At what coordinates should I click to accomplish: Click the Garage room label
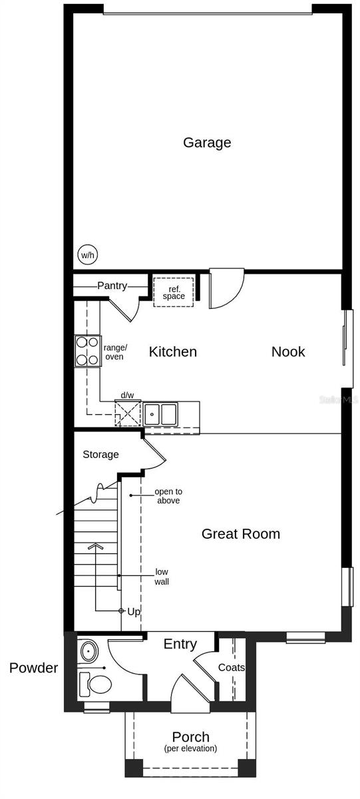point(207,142)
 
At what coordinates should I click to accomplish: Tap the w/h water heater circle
point(87,254)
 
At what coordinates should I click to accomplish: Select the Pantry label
point(112,286)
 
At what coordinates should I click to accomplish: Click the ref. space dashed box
point(174,292)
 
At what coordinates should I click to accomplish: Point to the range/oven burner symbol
point(87,351)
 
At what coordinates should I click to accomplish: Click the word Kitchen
point(172,352)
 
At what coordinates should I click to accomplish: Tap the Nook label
point(287,352)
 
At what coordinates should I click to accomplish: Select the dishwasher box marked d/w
point(128,412)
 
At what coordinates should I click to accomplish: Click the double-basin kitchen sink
point(161,413)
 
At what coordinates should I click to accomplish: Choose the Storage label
point(100,455)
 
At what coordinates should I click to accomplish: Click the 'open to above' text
point(168,496)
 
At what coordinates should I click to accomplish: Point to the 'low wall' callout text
point(162,577)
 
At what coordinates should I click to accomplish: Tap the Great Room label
point(240,533)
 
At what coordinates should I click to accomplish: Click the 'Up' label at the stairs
point(134,611)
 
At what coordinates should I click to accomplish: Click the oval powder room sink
point(87,651)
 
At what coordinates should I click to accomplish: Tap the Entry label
point(180,644)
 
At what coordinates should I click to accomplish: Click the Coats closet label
point(231,667)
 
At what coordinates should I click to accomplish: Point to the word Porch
point(190,737)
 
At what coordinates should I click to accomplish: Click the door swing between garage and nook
point(226,290)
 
